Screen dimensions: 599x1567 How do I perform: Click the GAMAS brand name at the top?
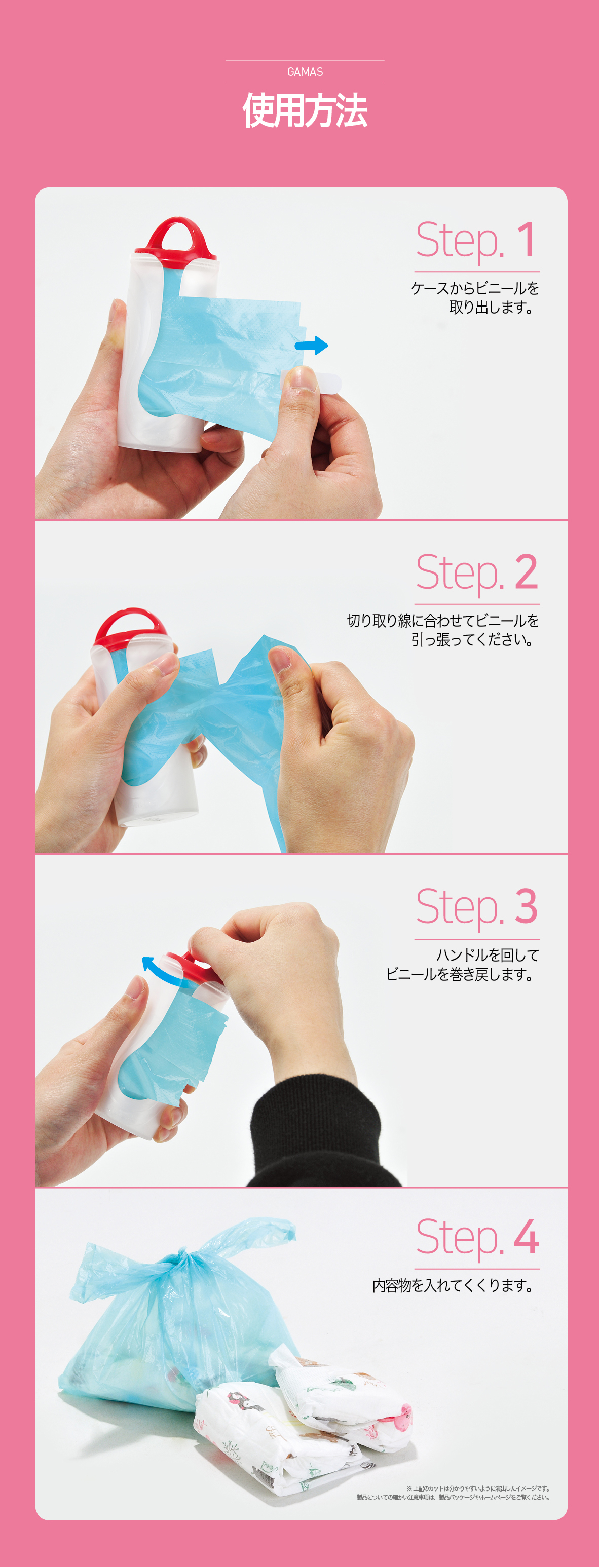point(305,72)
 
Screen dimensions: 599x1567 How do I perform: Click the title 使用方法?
point(305,111)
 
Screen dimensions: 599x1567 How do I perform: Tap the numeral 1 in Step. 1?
point(527,240)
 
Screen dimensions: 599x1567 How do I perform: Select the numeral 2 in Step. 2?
point(526,572)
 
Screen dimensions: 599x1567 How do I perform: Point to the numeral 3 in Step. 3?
point(527,906)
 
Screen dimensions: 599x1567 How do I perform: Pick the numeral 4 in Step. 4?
point(527,1236)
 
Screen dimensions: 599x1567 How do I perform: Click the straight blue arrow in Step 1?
point(311,346)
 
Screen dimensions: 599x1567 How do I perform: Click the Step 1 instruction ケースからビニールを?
point(475,288)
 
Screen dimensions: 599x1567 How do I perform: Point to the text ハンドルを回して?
point(488,955)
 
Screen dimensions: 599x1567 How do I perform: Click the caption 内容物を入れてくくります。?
point(454,1285)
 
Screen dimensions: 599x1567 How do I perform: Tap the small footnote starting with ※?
point(454,1493)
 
